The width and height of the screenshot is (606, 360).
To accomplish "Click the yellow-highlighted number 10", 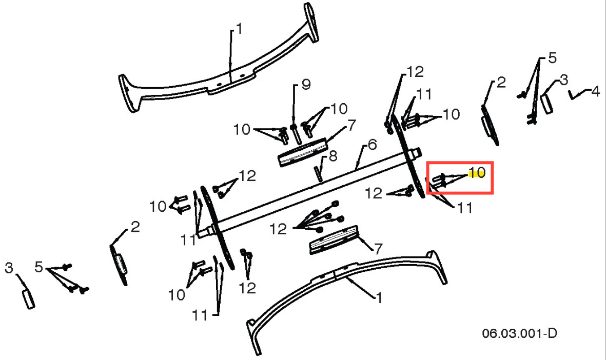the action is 477,173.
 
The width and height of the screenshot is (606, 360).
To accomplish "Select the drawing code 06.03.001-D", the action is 519,333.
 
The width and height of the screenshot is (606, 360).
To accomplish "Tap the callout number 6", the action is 372,145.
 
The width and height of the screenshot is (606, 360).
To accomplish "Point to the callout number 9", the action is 306,85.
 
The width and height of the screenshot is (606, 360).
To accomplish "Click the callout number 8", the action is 333,156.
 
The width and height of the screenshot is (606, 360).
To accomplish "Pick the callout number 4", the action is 596,92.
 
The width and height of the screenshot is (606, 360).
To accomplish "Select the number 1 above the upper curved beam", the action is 239,29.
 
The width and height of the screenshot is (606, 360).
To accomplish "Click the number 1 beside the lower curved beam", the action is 379,297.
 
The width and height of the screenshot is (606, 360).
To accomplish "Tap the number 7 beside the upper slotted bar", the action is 351,125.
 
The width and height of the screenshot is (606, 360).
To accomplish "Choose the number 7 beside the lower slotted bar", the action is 378,248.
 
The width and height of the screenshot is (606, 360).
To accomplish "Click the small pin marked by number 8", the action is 319,173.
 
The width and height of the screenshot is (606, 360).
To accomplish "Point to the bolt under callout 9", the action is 296,133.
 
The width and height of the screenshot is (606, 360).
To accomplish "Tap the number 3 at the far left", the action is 9,268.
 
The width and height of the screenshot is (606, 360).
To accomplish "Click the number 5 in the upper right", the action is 552,58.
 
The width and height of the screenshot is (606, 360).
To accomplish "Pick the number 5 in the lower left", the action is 38,267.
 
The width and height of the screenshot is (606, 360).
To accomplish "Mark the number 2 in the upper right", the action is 501,82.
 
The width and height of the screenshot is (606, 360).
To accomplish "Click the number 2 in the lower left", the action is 135,227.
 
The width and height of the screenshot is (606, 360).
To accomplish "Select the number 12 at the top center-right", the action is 415,71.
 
